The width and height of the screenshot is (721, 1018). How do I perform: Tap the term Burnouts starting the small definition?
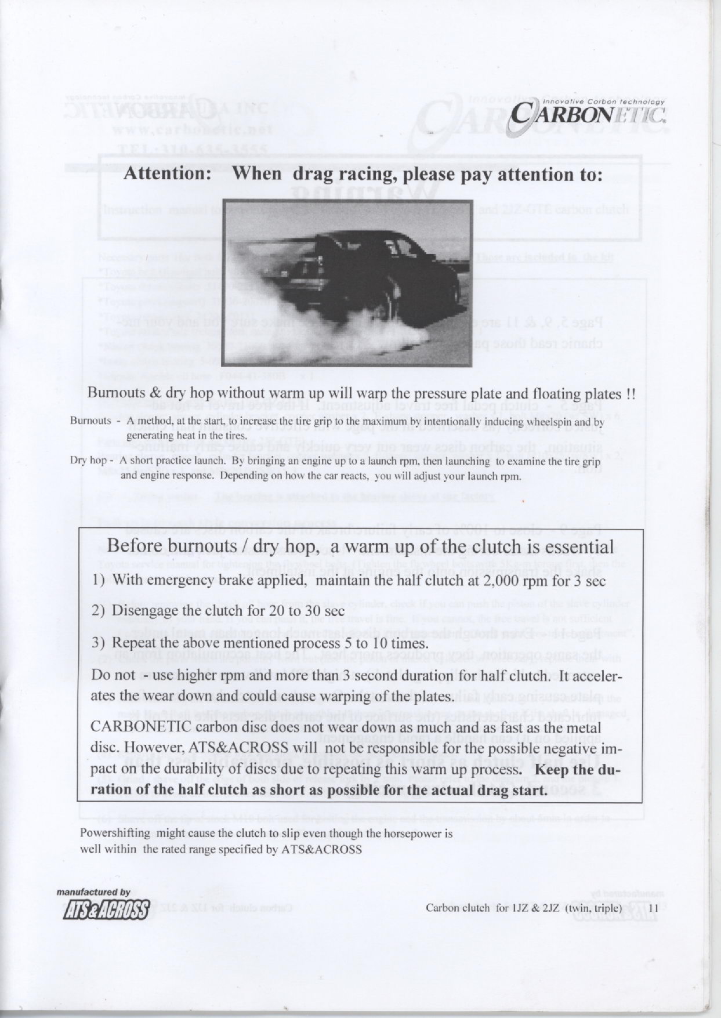click(90, 421)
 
